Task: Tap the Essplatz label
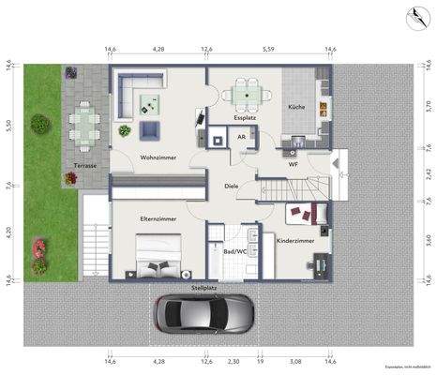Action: pyautogui.click(x=247, y=118)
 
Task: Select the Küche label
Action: pyautogui.click(x=295, y=109)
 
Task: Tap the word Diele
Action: pyautogui.click(x=231, y=186)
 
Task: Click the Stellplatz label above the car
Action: pyautogui.click(x=205, y=288)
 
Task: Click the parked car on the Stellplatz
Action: pyautogui.click(x=204, y=315)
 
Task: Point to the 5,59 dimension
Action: pyautogui.click(x=268, y=48)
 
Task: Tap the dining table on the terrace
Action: pyautogui.click(x=85, y=122)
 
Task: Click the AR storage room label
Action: pyautogui.click(x=241, y=137)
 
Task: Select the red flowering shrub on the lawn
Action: pyautogui.click(x=39, y=248)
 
